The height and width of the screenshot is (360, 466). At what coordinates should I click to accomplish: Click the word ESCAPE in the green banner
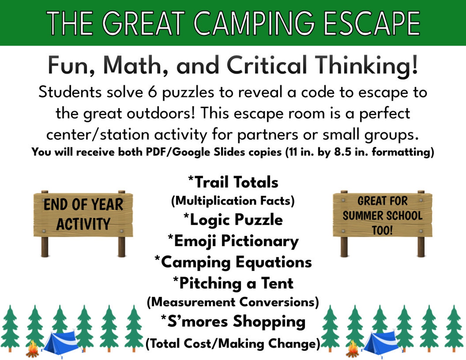372,23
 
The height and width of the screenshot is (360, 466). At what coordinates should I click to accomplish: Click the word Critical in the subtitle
267,65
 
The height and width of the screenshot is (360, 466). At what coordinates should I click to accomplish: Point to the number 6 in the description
153,92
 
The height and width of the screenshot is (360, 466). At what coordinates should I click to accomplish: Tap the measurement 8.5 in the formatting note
343,152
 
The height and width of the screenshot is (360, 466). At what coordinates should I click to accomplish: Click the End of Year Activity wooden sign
83,214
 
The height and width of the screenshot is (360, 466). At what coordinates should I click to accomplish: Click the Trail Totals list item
233,182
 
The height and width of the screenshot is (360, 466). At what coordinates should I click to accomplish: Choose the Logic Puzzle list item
233,220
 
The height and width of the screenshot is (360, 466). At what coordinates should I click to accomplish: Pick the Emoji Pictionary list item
233,241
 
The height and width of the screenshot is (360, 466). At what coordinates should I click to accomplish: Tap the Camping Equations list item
233,262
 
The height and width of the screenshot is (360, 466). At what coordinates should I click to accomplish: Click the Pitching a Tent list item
233,283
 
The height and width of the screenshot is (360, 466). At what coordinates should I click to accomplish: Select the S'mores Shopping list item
233,321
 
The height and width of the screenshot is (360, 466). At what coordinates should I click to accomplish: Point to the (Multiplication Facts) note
233,201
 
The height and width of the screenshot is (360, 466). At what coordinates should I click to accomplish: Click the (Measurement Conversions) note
233,302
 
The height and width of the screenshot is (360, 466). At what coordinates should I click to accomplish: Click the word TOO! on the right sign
382,230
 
